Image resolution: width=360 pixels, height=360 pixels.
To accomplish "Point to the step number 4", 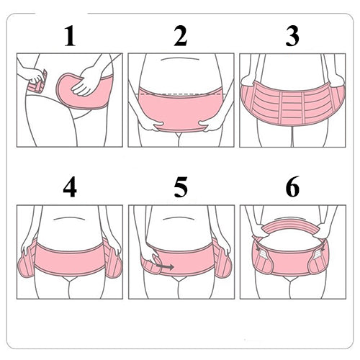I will (x=69, y=187).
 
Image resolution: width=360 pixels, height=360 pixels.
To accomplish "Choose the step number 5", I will (x=180, y=187).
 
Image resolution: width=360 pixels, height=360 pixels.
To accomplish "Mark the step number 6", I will (x=292, y=187).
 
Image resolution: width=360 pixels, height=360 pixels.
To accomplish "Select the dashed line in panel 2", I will (x=180, y=93).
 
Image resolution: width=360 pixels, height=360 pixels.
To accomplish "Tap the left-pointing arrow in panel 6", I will (x=261, y=250).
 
